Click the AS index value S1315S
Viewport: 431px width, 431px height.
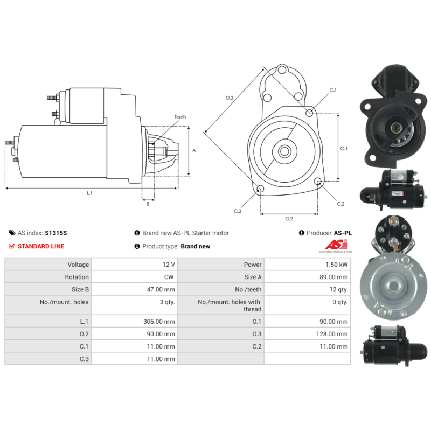(x=56, y=233)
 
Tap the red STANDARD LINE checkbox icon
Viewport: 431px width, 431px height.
(x=12, y=246)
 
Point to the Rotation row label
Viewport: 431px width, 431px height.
(x=77, y=277)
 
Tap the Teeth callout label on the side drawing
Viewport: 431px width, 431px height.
(x=180, y=117)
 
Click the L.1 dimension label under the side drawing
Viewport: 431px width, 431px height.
(x=89, y=193)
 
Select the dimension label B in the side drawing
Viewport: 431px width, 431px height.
(x=148, y=204)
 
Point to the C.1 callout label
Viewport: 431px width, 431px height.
(x=333, y=90)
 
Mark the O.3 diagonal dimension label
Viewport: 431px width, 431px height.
(x=230, y=98)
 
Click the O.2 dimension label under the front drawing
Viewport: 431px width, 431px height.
(x=289, y=218)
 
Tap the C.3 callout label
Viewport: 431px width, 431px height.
(x=238, y=211)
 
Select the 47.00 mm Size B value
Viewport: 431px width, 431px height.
(x=162, y=289)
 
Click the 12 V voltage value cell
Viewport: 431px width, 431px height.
(x=169, y=265)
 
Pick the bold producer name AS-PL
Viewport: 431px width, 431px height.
(x=343, y=233)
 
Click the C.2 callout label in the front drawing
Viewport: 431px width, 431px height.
(x=340, y=204)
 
